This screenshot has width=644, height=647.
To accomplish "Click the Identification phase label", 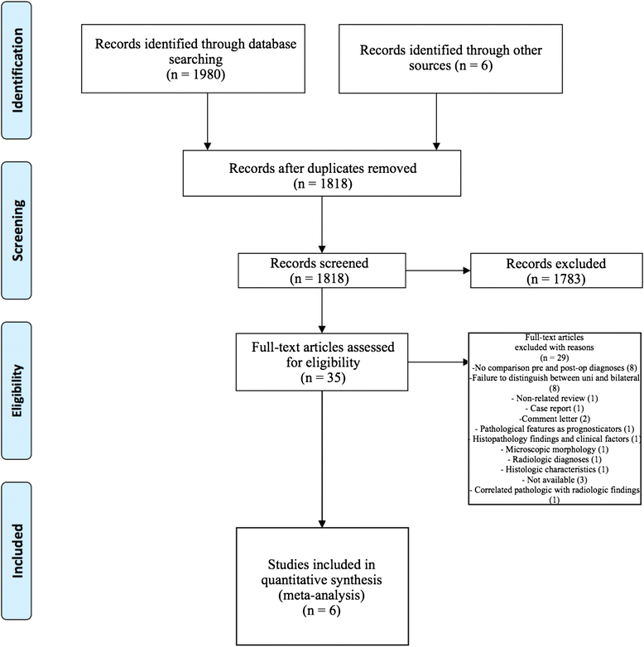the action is pyautogui.click(x=17, y=70).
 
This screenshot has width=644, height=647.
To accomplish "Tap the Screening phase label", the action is pyautogui.click(x=17, y=230).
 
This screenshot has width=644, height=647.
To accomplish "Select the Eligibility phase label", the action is pyautogui.click(x=17, y=391).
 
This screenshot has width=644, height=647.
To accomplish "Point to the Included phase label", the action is pyautogui.click(x=17, y=550).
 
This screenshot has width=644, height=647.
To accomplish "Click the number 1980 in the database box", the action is pyautogui.click(x=208, y=74).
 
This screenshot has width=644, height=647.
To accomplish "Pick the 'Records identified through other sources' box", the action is pyautogui.click(x=450, y=59).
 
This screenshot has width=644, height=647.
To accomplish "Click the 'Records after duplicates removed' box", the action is pyautogui.click(x=322, y=173).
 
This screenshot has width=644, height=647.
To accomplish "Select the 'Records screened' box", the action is pyautogui.click(x=322, y=271).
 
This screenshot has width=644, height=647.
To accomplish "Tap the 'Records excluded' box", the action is pyautogui.click(x=556, y=271).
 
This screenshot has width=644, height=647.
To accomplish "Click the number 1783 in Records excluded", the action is pyautogui.click(x=568, y=280).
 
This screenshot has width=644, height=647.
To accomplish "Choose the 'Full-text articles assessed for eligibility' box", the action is pyautogui.click(x=322, y=362).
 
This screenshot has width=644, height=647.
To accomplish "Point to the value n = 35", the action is pyautogui.click(x=323, y=378).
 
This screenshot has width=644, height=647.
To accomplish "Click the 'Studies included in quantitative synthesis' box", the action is pyautogui.click(x=322, y=587).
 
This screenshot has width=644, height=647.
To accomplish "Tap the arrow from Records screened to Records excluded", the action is pyautogui.click(x=438, y=271).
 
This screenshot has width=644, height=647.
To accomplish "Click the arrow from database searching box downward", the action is pyautogui.click(x=208, y=122).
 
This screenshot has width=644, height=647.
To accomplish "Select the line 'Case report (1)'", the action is pyautogui.click(x=555, y=409).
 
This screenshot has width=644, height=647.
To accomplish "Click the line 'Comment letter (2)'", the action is pyautogui.click(x=555, y=419).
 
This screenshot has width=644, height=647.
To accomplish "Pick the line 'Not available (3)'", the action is pyautogui.click(x=555, y=480).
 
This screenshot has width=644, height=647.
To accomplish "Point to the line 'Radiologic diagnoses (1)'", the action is pyautogui.click(x=555, y=459).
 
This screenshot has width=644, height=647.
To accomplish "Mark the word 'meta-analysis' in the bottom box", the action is pyautogui.click(x=322, y=596).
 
